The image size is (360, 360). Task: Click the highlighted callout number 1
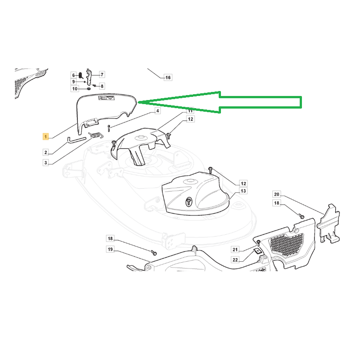coord(46,137)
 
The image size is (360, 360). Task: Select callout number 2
coord(46,152)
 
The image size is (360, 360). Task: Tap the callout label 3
coord(46,163)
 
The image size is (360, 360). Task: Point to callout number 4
coord(157,111)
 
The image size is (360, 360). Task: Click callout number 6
coord(73,75)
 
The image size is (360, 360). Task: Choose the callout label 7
coord(102,74)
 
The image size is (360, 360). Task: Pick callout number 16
coord(168,77)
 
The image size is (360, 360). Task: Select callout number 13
coord(243,191)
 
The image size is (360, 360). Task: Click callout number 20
coord(277,194)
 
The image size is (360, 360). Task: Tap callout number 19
coord(110,249)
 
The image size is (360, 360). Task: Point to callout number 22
coord(235,260)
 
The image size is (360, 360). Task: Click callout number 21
coord(235,250)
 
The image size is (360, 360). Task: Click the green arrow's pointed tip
coord(138,103)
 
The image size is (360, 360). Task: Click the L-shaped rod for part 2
coord(76,140)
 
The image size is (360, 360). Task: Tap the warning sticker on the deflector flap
coord(107,98)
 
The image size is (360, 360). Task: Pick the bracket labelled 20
coord(328,223)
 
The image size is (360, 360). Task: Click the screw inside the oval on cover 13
coord(189,202)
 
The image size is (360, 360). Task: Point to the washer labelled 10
coord(89,89)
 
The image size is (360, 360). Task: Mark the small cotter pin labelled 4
coord(108,128)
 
